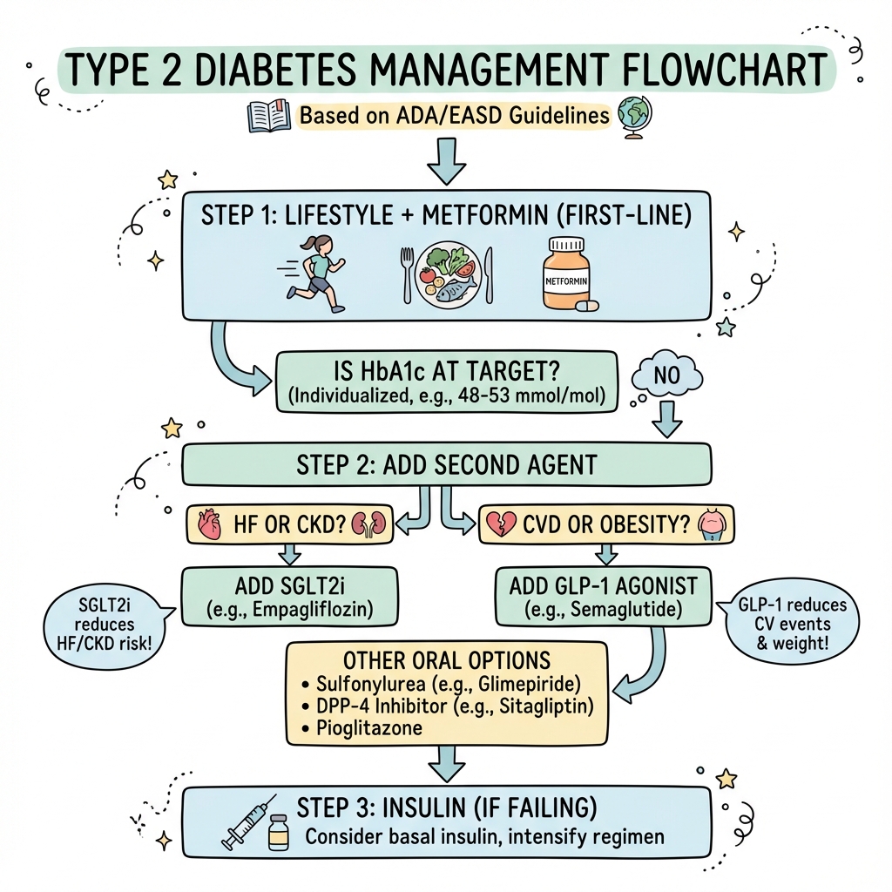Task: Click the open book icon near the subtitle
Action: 270,117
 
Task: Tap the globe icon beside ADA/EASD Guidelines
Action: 634,115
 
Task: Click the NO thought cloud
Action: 666,376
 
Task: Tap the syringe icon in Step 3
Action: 248,821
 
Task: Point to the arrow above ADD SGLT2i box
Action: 289,553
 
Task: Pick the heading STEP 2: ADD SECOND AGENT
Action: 446,463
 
